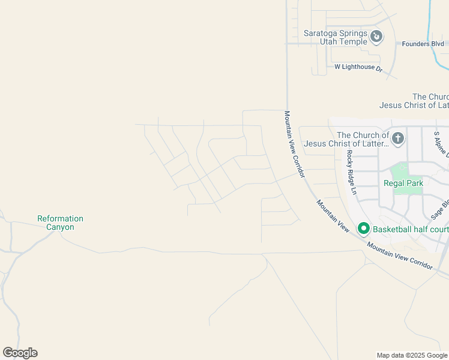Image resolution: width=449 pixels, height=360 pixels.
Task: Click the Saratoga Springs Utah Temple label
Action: (x=335, y=37)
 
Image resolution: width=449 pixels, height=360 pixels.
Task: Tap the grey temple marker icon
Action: (x=376, y=37)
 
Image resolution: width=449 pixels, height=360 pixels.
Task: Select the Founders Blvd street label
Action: (x=423, y=44)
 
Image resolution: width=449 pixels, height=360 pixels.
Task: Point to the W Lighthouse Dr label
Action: (x=358, y=68)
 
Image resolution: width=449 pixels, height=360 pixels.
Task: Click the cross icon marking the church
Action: (x=397, y=139)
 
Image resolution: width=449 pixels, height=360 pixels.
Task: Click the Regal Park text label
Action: (x=403, y=184)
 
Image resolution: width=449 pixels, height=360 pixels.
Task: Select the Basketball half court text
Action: (x=411, y=229)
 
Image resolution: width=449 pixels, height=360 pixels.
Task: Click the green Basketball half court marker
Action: (x=363, y=229)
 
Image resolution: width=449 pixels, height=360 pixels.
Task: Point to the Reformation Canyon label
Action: (x=60, y=223)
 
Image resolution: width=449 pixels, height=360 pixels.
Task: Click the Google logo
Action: (x=20, y=353)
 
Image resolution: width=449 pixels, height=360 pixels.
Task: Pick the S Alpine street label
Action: (x=441, y=145)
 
